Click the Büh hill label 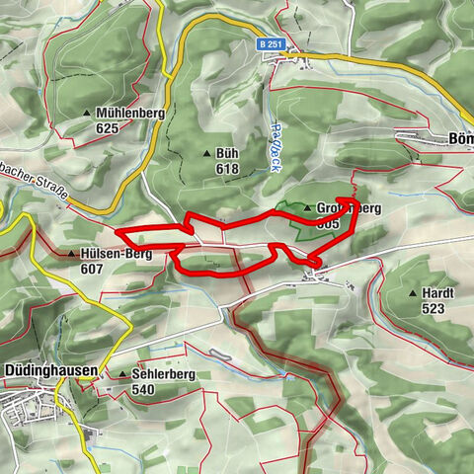point(227,154)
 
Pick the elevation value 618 point(227,169)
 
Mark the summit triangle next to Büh point(206,154)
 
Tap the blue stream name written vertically point(274,148)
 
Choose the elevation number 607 point(93,269)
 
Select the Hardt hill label point(435,293)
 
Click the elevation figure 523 point(433,308)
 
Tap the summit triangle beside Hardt point(412,293)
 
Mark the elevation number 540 point(143,389)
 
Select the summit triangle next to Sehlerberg point(122,375)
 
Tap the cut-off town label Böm point(460,139)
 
